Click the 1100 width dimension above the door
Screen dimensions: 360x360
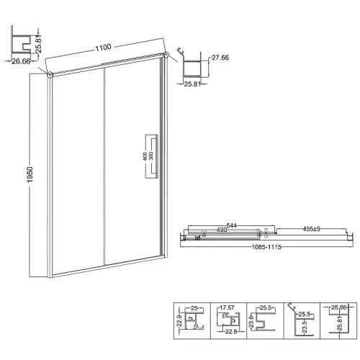[x=104, y=48]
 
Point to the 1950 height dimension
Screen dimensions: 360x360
[x=30, y=174]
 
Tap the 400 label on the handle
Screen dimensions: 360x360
[x=145, y=156]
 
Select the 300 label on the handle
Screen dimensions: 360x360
[x=150, y=156]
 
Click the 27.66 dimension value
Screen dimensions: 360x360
[x=220, y=58]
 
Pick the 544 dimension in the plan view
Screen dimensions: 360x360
[x=232, y=225]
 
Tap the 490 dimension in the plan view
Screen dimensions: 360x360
[x=222, y=230]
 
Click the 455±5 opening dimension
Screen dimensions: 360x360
[x=311, y=229]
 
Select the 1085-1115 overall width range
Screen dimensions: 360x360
[x=266, y=247]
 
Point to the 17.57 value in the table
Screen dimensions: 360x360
[x=227, y=307]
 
